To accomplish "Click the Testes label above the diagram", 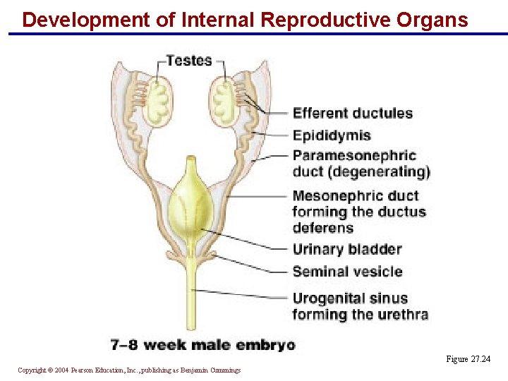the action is click(x=189, y=61).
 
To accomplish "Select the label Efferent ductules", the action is click(x=353, y=113).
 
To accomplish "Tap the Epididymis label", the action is click(x=332, y=135).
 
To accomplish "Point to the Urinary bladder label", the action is click(x=347, y=249).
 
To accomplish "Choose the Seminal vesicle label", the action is click(x=347, y=272).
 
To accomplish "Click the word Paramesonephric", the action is click(x=354, y=155).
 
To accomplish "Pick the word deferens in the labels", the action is click(x=322, y=228).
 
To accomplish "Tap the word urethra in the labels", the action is click(x=402, y=315).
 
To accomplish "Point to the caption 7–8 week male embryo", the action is click(x=202, y=345).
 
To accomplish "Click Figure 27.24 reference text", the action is click(x=467, y=360).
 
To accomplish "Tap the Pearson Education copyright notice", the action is click(x=129, y=370).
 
